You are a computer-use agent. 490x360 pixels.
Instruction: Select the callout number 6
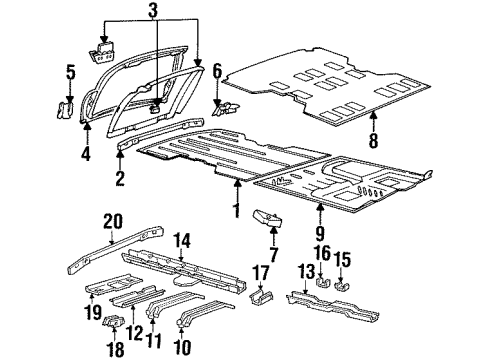[x=216, y=70]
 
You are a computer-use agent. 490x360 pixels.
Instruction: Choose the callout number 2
[x=120, y=181]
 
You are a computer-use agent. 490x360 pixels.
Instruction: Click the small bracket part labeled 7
[x=268, y=217]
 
